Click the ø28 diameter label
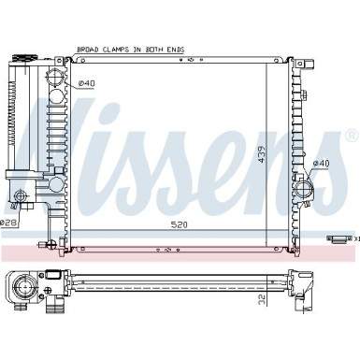click(x=7, y=223)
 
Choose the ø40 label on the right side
click(x=321, y=164)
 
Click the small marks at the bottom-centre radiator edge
click(x=168, y=250)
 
